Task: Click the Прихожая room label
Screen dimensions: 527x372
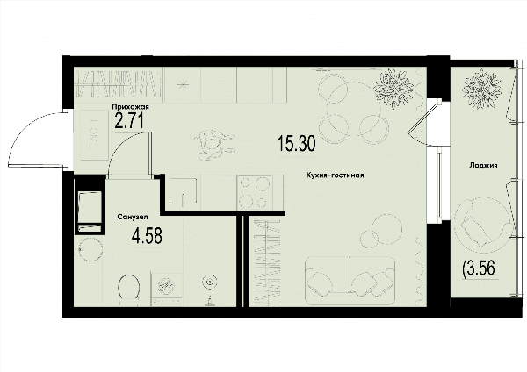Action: pos(130,107)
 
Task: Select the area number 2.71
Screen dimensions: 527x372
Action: pos(129,121)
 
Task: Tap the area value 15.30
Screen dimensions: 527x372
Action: pos(297,143)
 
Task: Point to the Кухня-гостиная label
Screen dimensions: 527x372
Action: pos(335,175)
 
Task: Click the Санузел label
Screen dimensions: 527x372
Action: pos(133,217)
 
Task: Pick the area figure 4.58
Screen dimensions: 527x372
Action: pos(147,235)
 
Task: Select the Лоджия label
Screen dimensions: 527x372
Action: pos(484,165)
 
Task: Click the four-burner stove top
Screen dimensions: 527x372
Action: pos(256,192)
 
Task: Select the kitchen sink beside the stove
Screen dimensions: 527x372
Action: pos(183,192)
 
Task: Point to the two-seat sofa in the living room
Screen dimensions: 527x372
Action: pos(350,281)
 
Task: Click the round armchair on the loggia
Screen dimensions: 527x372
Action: pos(484,223)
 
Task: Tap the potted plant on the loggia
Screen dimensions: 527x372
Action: pos(481,88)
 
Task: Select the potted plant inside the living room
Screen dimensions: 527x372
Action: pos(393,89)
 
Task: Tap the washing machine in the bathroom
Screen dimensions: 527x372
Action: pos(167,289)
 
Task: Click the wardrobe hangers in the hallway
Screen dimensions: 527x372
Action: pos(119,83)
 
